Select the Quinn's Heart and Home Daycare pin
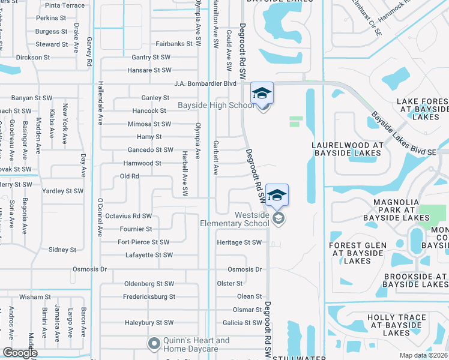[x=154, y=344]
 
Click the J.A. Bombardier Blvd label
[x=205, y=84]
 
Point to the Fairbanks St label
[x=173, y=44]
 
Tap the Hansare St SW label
[x=149, y=70]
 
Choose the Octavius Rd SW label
[x=128, y=216]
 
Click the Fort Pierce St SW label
[x=143, y=242]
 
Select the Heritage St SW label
[x=240, y=242]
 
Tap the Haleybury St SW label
[x=149, y=323]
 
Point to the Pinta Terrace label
[x=65, y=5]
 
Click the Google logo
[x=20, y=353]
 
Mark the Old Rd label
[x=130, y=176]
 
